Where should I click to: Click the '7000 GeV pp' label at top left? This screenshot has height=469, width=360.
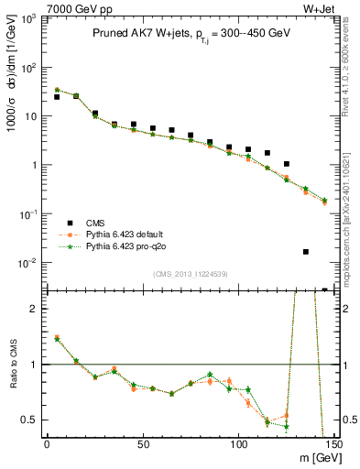point(36,7)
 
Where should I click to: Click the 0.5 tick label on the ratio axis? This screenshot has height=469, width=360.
point(29,420)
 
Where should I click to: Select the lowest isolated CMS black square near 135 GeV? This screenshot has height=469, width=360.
point(306,251)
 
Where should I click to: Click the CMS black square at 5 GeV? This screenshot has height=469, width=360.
point(57,97)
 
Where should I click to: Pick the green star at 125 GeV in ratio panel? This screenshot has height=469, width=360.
point(287,426)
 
